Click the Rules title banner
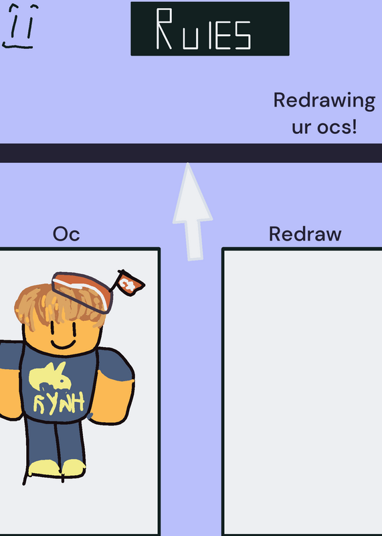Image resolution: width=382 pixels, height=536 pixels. click(x=210, y=29)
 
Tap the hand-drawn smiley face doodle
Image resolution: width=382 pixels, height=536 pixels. click(x=20, y=26)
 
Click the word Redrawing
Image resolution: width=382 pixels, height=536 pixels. click(x=324, y=101)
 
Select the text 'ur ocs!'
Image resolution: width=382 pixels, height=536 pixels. click(x=324, y=127)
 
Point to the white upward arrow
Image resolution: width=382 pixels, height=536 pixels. click(x=192, y=212)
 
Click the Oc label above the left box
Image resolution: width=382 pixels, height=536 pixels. click(x=66, y=234)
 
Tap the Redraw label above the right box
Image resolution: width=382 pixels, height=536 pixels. click(x=305, y=234)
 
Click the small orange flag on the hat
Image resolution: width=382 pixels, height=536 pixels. click(x=129, y=283)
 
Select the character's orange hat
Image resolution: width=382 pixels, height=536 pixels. click(x=82, y=292)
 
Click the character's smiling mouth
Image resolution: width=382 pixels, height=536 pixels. click(x=63, y=344)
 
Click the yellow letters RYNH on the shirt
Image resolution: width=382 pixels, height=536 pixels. click(x=58, y=403)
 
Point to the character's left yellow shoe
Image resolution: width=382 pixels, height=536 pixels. click(x=44, y=468)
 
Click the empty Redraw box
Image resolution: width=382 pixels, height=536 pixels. click(x=302, y=392)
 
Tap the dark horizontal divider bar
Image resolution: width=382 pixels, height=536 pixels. click(x=191, y=153)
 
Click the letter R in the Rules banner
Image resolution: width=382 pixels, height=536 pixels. click(x=164, y=29)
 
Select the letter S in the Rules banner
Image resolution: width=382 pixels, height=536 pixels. click(x=243, y=34)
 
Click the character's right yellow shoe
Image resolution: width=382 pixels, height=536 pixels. click(x=73, y=468)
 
